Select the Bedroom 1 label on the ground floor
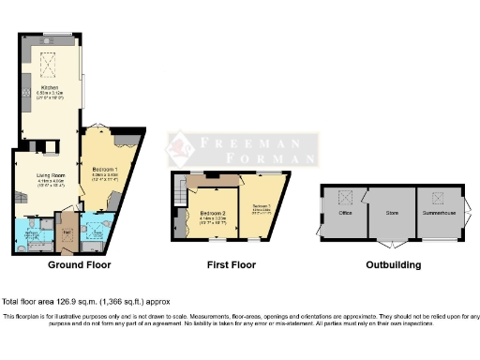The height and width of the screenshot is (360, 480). click(103, 170)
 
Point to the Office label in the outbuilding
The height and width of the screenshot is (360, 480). click(346, 213)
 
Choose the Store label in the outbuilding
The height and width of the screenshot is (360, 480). click(392, 213)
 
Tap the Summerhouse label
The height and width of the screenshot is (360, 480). click(436, 213)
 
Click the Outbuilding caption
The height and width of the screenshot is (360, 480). click(394, 265)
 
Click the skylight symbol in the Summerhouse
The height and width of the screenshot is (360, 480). click(437, 196)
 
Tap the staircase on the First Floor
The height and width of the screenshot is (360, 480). click(177, 195)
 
